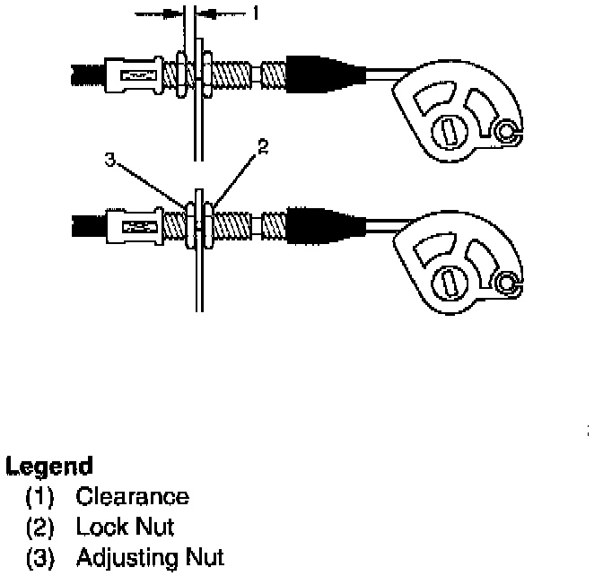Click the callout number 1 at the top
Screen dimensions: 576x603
pyautogui.click(x=254, y=13)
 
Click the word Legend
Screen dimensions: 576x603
pyautogui.click(x=49, y=467)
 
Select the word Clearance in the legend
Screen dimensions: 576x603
pyautogui.click(x=132, y=496)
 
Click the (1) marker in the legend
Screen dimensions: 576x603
pyautogui.click(x=41, y=497)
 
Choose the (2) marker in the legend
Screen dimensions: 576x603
pyautogui.click(x=41, y=528)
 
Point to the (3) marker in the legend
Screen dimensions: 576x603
pyautogui.click(x=41, y=559)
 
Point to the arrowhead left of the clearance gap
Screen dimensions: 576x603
pyautogui.click(x=172, y=13)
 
